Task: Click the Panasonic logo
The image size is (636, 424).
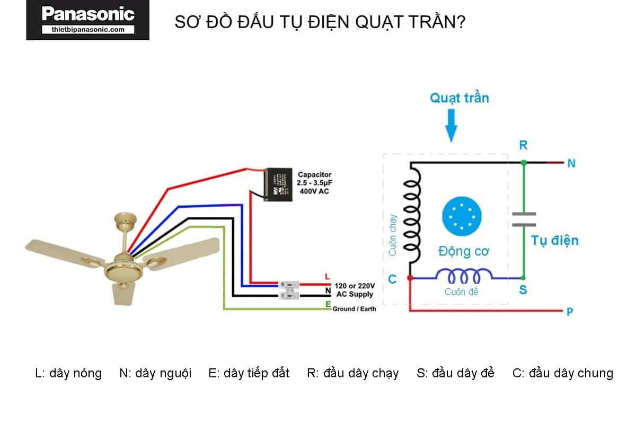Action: click(x=88, y=20)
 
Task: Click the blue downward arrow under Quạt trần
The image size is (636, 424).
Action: click(x=451, y=125)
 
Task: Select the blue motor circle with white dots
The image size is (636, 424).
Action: click(x=462, y=215)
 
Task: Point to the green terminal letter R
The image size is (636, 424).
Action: click(x=523, y=145)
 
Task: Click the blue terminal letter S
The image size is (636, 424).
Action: click(x=523, y=290)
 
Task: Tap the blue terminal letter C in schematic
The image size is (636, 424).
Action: click(x=392, y=279)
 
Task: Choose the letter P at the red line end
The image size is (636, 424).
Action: click(x=570, y=312)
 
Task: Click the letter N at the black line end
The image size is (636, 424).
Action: click(x=571, y=164)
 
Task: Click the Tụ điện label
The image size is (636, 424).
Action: click(x=555, y=241)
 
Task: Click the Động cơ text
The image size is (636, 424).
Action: click(x=463, y=251)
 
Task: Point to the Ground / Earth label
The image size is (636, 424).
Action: click(x=354, y=308)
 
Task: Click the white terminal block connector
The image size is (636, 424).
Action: click(x=290, y=289)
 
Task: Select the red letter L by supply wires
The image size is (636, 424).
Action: click(x=327, y=277)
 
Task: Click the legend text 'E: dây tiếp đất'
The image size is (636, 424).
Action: click(x=249, y=373)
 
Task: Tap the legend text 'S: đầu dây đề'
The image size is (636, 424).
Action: click(x=455, y=373)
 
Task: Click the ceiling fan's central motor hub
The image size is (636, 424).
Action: click(x=122, y=265)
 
